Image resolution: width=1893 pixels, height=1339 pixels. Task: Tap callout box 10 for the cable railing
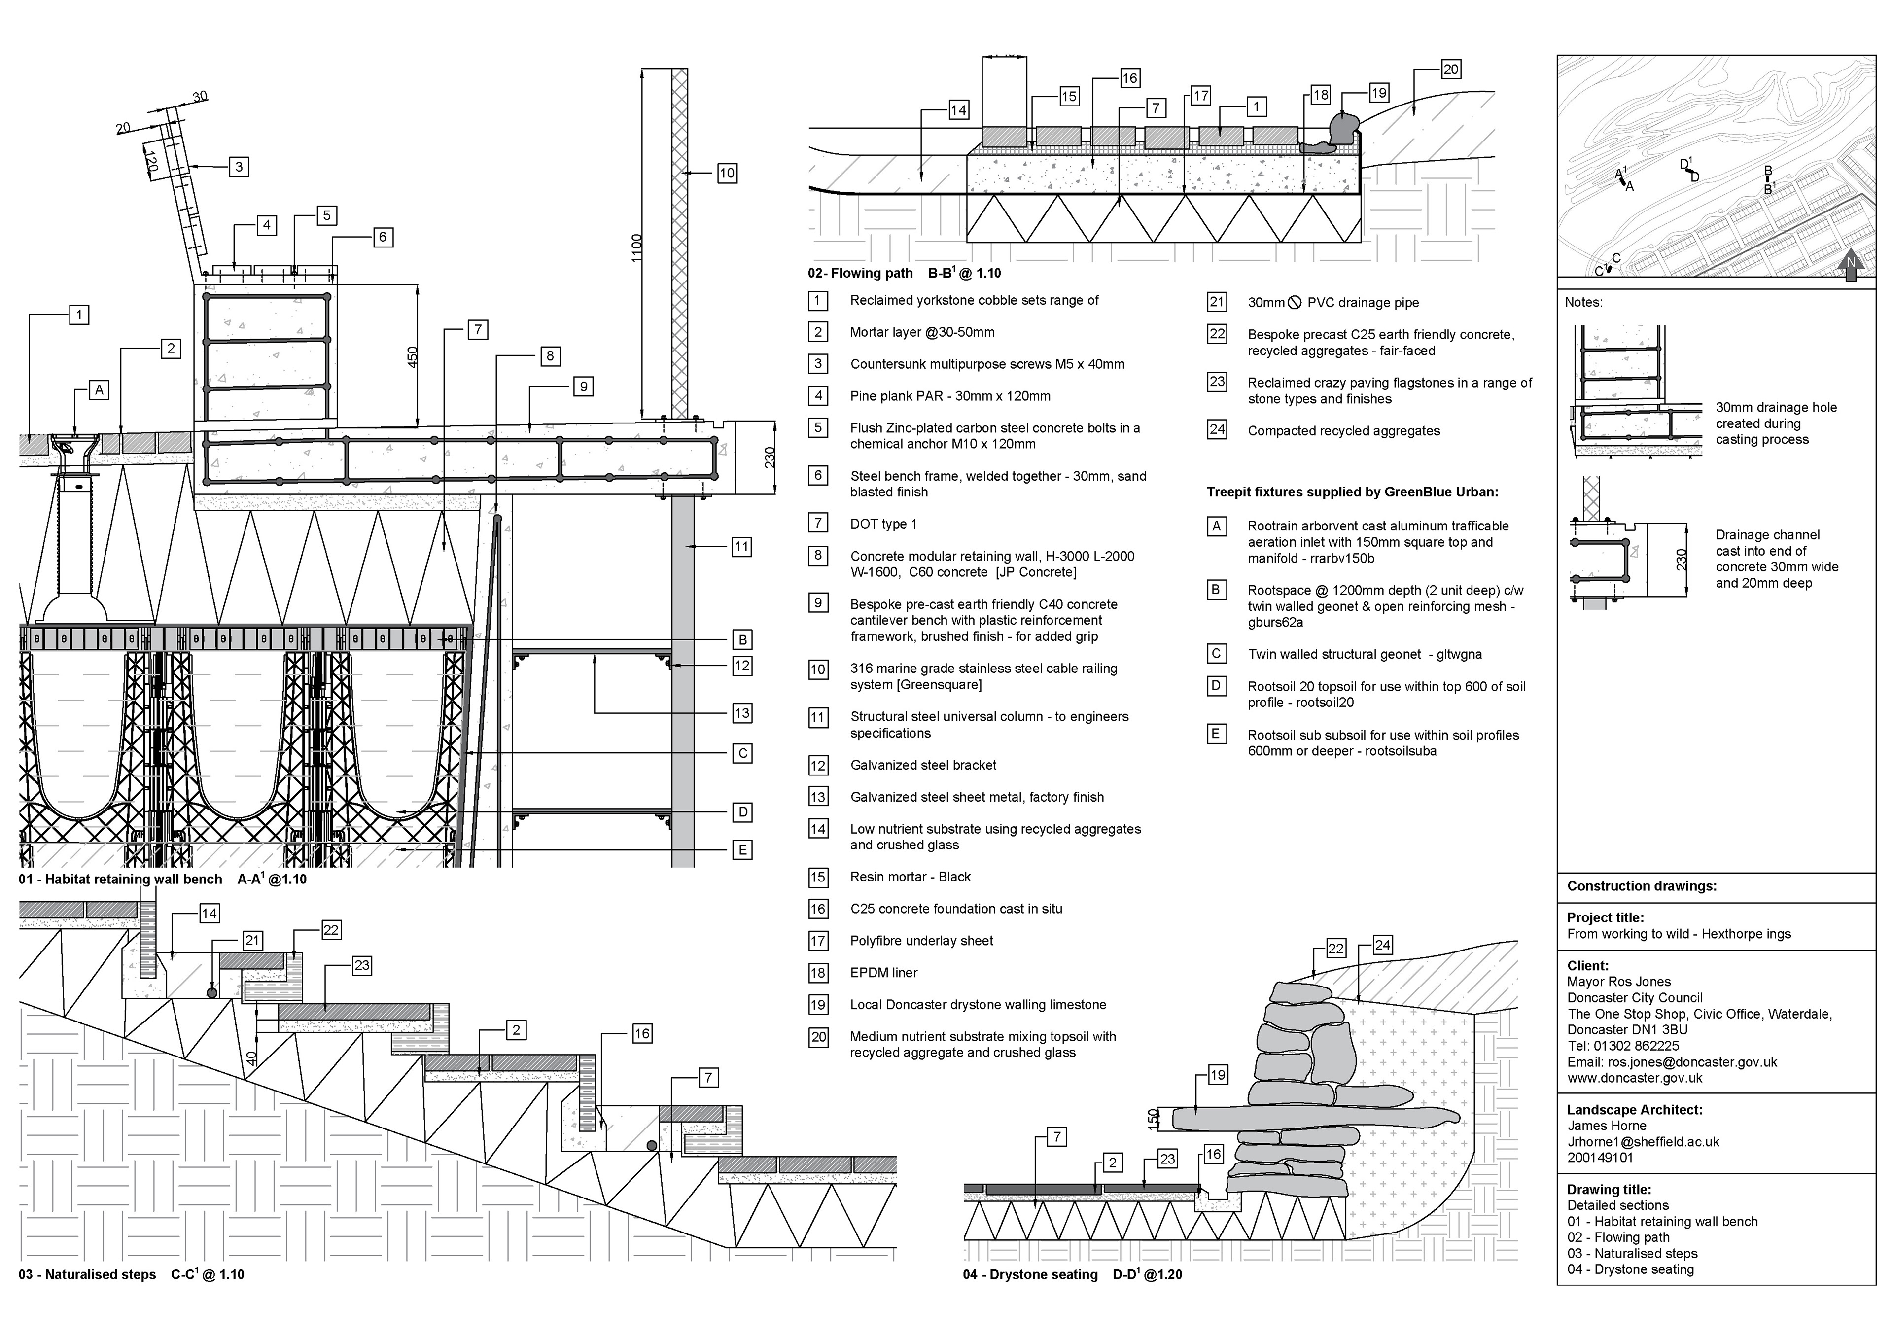coord(726,173)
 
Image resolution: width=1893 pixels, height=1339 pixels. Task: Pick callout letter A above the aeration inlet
coord(99,390)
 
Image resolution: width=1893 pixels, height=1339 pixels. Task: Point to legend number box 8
coord(818,556)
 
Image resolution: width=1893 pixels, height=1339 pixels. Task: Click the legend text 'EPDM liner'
coord(884,973)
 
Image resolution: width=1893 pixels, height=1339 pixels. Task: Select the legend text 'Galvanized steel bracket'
coord(923,765)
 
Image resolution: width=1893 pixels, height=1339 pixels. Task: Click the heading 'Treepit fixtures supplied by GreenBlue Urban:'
coord(1352,492)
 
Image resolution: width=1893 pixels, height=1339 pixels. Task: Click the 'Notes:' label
coord(1583,303)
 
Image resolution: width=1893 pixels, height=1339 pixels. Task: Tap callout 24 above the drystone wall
coord(1383,946)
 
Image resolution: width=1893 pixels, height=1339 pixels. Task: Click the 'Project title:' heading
coord(1605,917)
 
